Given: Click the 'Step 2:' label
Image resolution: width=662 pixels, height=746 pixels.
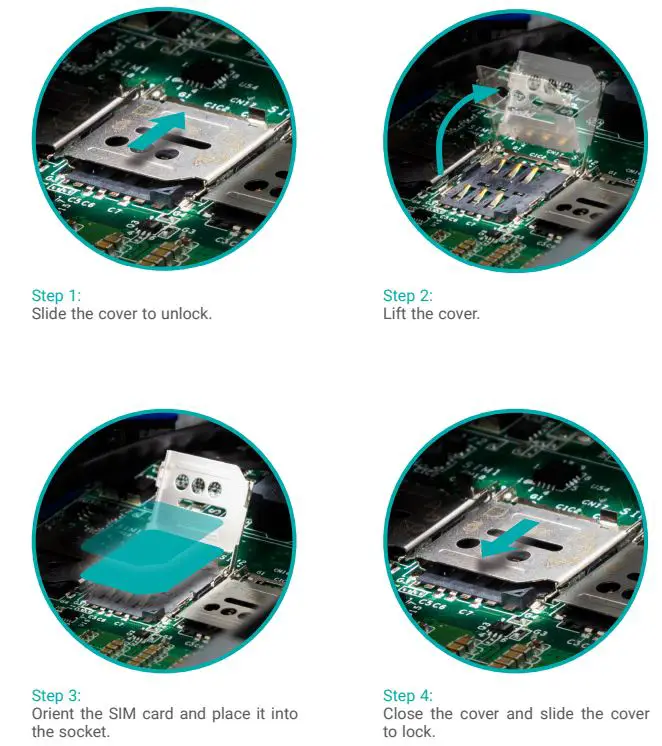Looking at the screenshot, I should tap(407, 296).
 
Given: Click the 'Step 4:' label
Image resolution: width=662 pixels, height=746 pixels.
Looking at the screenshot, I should tap(407, 696).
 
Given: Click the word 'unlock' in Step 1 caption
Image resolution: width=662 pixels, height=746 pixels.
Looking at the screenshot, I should tap(189, 314).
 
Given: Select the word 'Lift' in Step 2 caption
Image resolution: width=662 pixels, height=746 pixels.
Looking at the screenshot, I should tap(395, 314).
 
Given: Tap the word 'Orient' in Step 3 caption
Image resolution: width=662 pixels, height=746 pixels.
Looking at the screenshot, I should tap(52, 714).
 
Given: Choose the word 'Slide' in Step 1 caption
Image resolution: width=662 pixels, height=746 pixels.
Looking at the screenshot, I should tap(49, 314).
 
